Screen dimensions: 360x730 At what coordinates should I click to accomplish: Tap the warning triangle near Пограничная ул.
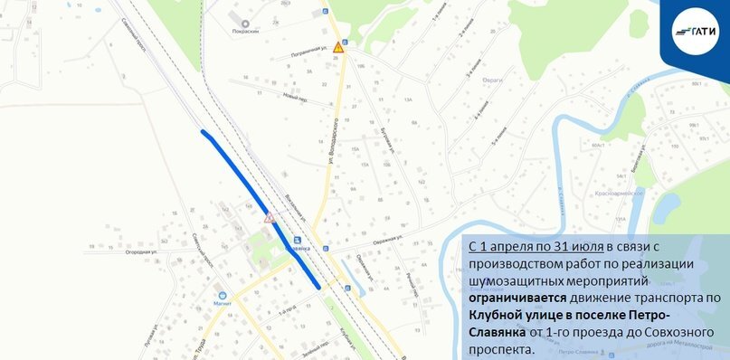click(x=338, y=47)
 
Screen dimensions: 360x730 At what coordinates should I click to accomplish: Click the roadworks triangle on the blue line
click(x=269, y=218)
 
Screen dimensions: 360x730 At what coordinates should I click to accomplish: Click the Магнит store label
click(x=222, y=304)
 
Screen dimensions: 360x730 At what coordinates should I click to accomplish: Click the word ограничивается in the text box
click(x=518, y=296)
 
